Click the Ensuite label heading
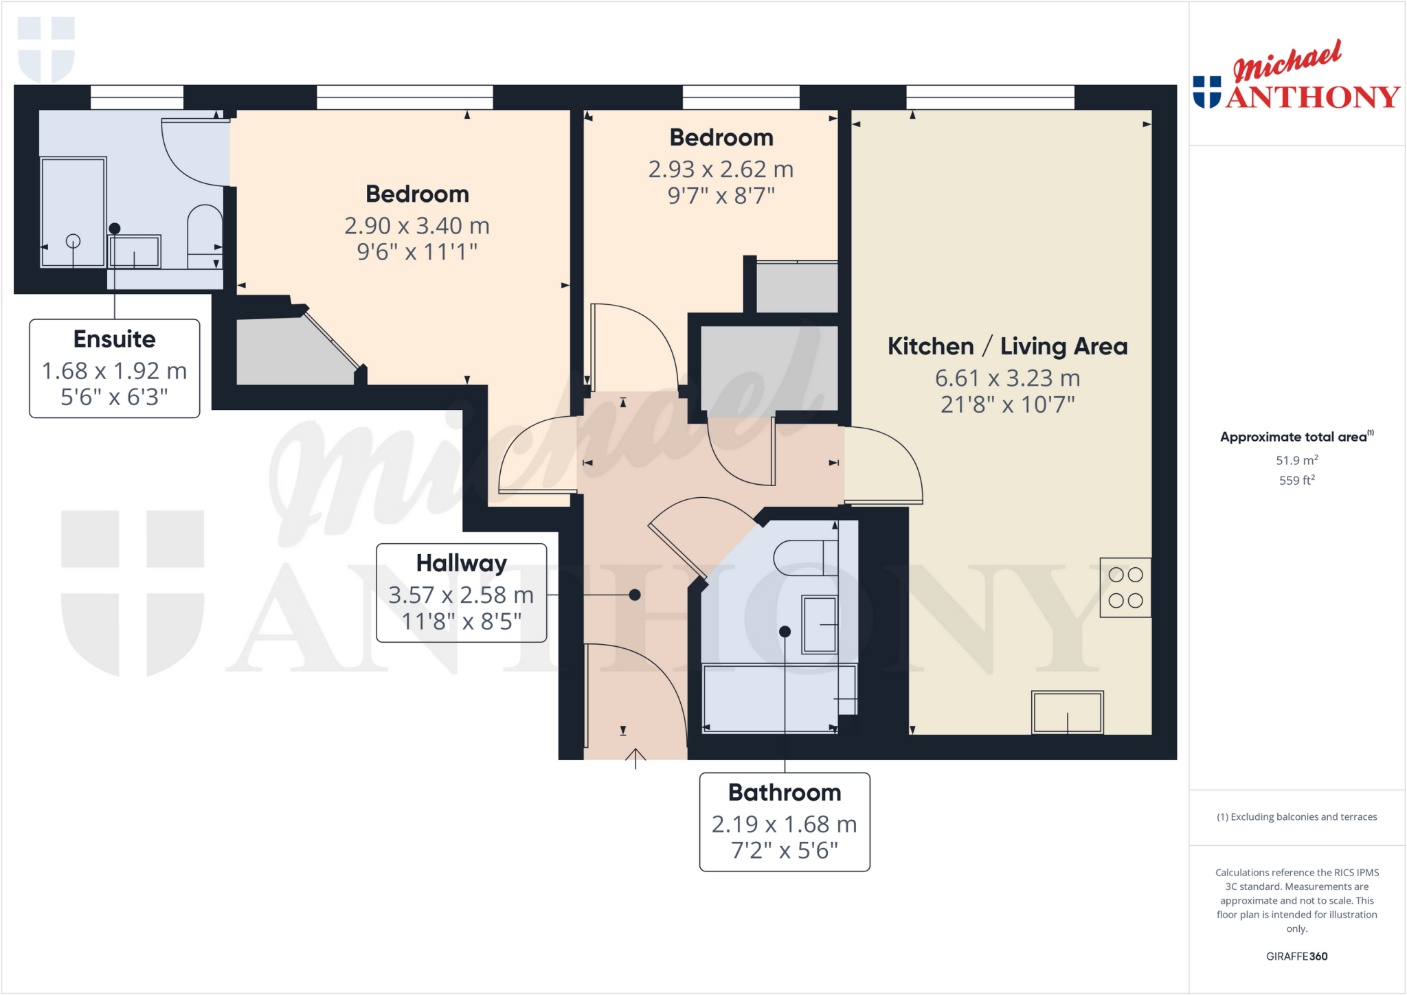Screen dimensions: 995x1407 point(114,339)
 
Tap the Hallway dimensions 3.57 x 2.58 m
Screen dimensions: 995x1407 point(461,595)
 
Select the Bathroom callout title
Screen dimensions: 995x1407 point(785,792)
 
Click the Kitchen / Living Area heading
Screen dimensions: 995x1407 point(1007,346)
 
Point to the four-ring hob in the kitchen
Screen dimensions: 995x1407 point(1125,588)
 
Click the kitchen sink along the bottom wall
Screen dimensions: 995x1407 point(1067,713)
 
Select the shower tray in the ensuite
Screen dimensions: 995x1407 point(73,211)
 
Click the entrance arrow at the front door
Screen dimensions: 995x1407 point(635,758)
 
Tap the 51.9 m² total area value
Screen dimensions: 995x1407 point(1296,461)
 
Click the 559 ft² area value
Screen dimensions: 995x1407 point(1296,481)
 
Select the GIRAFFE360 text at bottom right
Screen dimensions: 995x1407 point(1296,957)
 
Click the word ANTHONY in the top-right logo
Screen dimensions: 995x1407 point(1312,98)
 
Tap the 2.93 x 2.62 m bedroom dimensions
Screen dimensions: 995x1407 point(721,170)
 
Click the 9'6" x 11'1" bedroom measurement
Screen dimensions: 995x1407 point(417,252)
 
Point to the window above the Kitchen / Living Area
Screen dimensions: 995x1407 point(990,98)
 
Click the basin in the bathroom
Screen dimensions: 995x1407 point(820,624)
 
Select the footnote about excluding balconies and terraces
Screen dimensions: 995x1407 point(1296,817)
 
